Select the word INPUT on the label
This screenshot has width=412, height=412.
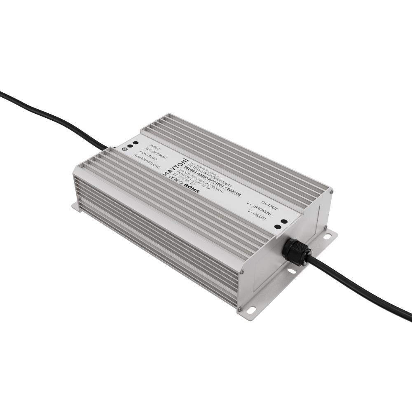point(155,147)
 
